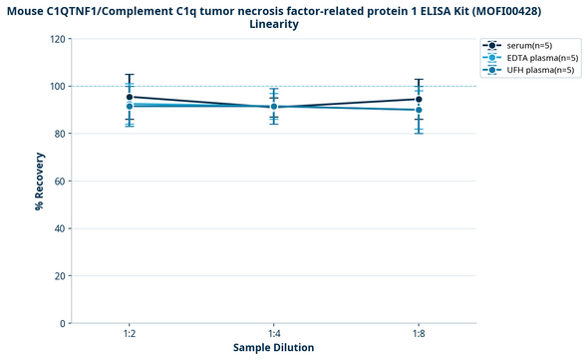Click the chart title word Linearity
tap(273, 24)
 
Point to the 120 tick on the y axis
tap(58, 39)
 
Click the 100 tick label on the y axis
tap(58, 87)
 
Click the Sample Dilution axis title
tap(274, 348)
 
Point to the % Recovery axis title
tap(40, 181)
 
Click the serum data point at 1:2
tap(130, 97)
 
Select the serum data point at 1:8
tap(419, 100)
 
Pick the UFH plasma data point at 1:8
tap(419, 110)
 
